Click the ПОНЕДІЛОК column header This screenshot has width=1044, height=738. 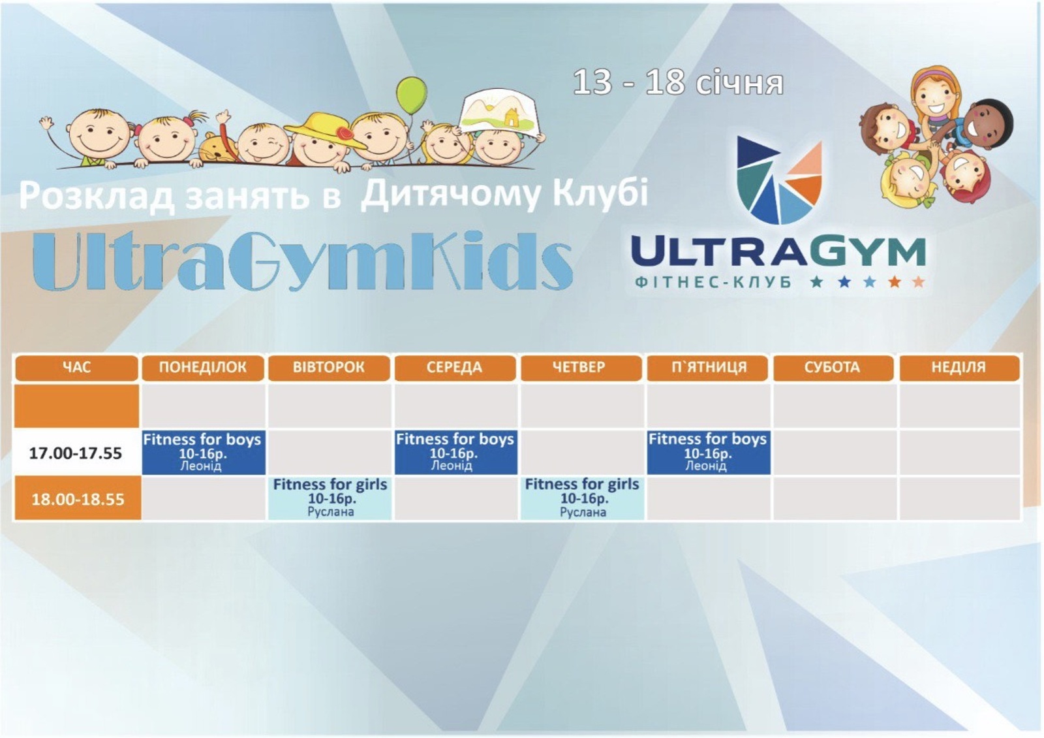(203, 368)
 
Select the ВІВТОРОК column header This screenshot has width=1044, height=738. (329, 368)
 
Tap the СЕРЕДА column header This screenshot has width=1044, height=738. (455, 368)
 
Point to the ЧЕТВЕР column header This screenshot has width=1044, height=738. (581, 368)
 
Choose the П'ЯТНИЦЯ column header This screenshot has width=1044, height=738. (707, 368)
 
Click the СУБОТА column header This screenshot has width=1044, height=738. (833, 368)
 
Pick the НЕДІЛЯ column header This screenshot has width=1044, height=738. (959, 368)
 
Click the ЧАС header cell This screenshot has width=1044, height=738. (76, 368)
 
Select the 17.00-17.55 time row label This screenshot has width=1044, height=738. (76, 453)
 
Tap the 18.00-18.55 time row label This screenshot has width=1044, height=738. (78, 499)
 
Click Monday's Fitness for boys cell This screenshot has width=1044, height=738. (203, 452)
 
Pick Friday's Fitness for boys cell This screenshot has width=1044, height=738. (709, 452)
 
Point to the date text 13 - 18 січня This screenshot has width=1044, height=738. (678, 83)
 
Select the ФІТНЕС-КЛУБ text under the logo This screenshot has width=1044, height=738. (713, 282)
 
